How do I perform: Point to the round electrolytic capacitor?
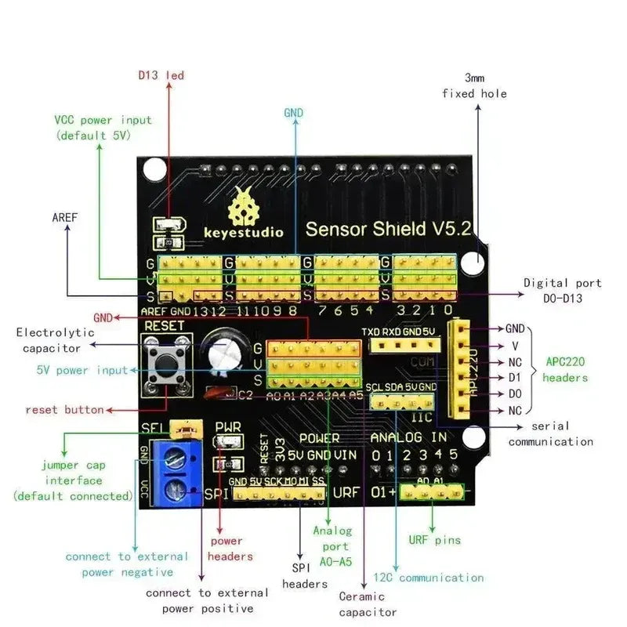pyautogui.click(x=223, y=353)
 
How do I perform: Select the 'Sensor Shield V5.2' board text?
pyautogui.click(x=388, y=229)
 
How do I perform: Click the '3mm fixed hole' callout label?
pyautogui.click(x=474, y=85)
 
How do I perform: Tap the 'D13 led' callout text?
pyautogui.click(x=161, y=75)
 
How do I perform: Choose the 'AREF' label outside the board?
pyautogui.click(x=65, y=216)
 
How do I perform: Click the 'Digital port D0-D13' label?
pyautogui.click(x=562, y=290)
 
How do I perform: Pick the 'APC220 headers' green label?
pyautogui.click(x=566, y=370)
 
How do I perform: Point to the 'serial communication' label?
pyautogui.click(x=550, y=433)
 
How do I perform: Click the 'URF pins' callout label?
pyautogui.click(x=434, y=540)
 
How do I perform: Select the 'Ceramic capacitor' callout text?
pyautogui.click(x=368, y=603)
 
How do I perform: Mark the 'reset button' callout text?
pyautogui.click(x=64, y=409)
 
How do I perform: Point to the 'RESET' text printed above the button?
pyautogui.click(x=164, y=325)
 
